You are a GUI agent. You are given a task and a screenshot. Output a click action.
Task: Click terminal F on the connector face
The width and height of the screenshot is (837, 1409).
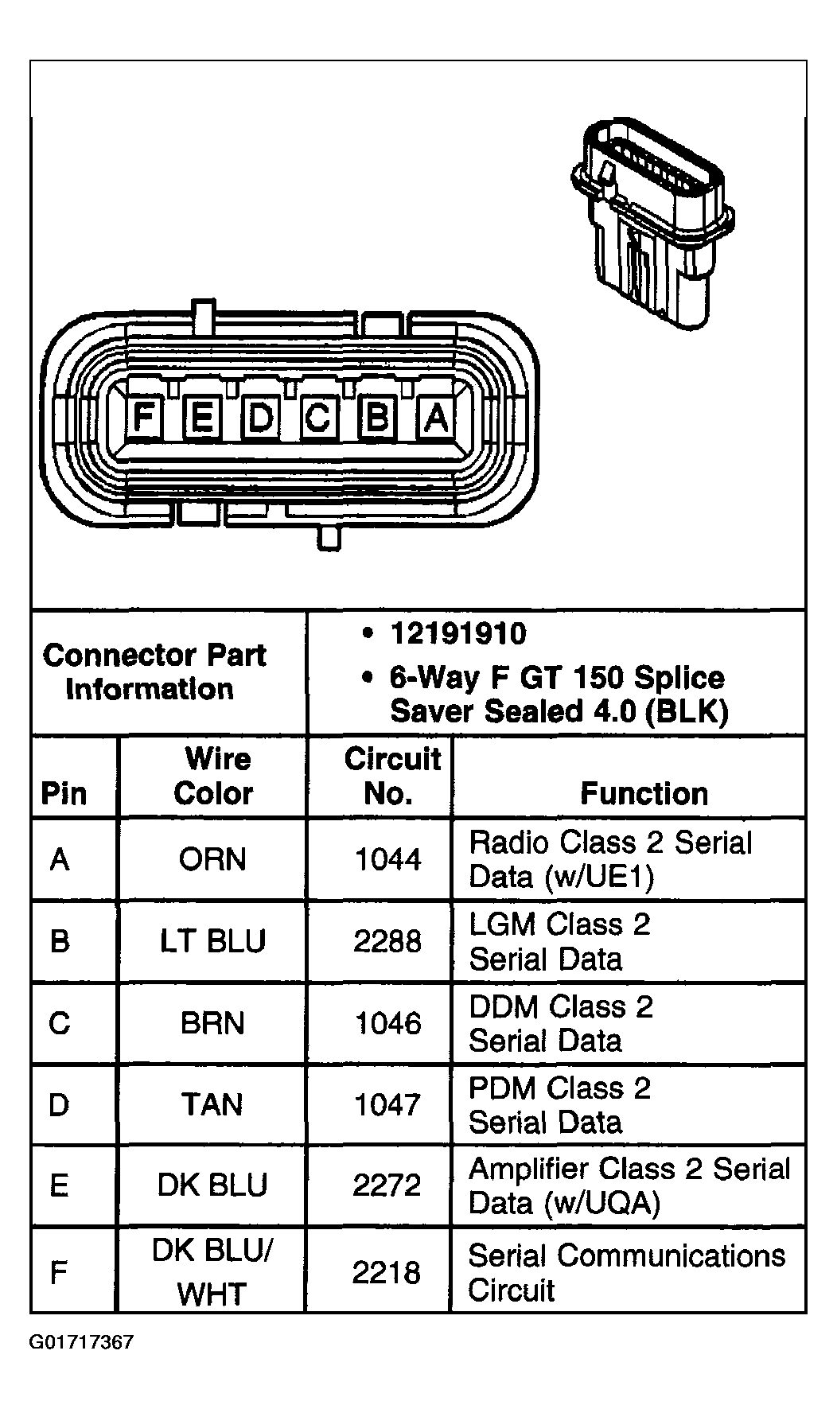pyautogui.click(x=143, y=417)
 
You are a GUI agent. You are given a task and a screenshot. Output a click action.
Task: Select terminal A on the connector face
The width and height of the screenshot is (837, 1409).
pyautogui.click(x=436, y=417)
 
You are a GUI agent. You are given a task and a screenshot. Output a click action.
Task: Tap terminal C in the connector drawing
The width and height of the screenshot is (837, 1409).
pyautogui.click(x=318, y=417)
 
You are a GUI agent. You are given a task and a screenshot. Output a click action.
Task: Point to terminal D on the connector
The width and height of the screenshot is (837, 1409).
pyautogui.click(x=260, y=417)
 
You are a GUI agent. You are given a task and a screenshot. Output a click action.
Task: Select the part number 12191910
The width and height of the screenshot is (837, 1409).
pyautogui.click(x=457, y=634)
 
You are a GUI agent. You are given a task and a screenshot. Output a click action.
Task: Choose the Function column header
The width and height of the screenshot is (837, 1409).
pyautogui.click(x=644, y=793)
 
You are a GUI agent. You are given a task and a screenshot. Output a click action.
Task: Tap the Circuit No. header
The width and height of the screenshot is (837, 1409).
pyautogui.click(x=391, y=776)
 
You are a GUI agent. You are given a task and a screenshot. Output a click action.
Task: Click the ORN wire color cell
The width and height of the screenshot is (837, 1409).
pyautogui.click(x=212, y=859)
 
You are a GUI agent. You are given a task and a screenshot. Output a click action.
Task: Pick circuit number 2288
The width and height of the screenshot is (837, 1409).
pyautogui.click(x=387, y=941)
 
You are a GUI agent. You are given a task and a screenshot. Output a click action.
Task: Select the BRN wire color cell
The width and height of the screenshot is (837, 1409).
pyautogui.click(x=212, y=1023)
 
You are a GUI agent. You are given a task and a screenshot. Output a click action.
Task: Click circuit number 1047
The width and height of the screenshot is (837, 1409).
pyautogui.click(x=387, y=1104)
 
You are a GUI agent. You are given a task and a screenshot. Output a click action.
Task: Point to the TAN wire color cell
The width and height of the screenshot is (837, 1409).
pyautogui.click(x=212, y=1104)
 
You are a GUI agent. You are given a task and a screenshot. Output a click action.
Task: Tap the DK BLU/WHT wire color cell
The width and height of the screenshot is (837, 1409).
pyautogui.click(x=212, y=1272)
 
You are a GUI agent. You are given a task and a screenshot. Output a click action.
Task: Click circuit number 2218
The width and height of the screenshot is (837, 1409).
pyautogui.click(x=387, y=1272)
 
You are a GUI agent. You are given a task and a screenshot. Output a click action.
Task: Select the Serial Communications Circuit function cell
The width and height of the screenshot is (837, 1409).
pyautogui.click(x=626, y=1272)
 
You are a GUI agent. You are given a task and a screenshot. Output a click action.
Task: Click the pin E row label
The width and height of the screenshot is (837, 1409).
pyautogui.click(x=60, y=1185)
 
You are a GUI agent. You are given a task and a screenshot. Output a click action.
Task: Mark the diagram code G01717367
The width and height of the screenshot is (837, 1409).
pyautogui.click(x=82, y=1343)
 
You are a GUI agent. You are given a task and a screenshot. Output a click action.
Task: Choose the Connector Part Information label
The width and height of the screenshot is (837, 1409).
pyautogui.click(x=154, y=672)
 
